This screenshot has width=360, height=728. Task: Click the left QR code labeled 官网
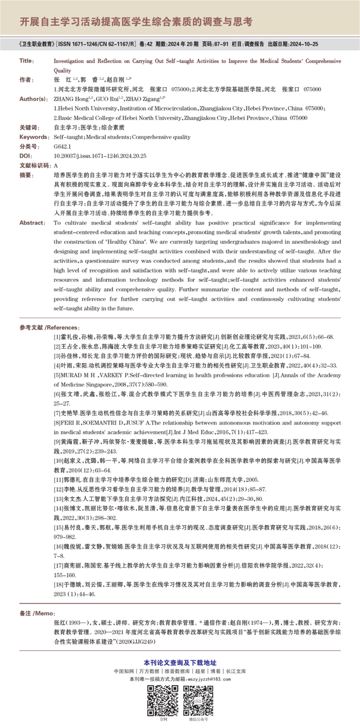[163, 700]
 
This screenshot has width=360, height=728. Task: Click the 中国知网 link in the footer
[123, 671]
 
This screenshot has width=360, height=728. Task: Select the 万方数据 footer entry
[149, 671]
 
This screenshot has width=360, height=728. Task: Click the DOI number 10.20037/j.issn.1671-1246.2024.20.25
[100, 156]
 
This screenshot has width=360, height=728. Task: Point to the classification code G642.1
[62, 147]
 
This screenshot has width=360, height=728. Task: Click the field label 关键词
[29, 128]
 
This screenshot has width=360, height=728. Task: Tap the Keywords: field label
[35, 137]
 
